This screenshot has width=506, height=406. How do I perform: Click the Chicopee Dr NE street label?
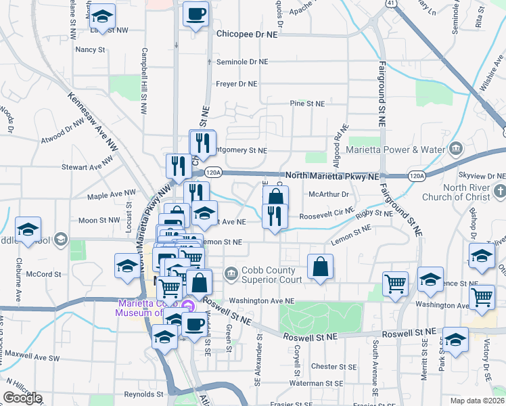tap(248, 32)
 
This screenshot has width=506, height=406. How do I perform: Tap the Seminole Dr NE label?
tap(242, 62)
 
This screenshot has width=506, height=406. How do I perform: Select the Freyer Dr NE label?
tap(236, 84)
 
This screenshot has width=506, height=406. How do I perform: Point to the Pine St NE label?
tap(307, 104)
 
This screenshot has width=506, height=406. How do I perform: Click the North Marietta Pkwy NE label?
tap(331, 176)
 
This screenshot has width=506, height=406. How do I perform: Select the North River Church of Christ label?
tap(474, 192)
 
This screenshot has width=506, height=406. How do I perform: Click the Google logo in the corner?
tap(22, 398)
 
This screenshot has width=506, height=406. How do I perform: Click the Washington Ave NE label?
tap(262, 300)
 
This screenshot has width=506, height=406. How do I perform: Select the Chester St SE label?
tap(333, 367)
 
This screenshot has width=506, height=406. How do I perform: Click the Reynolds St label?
tap(144, 394)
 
